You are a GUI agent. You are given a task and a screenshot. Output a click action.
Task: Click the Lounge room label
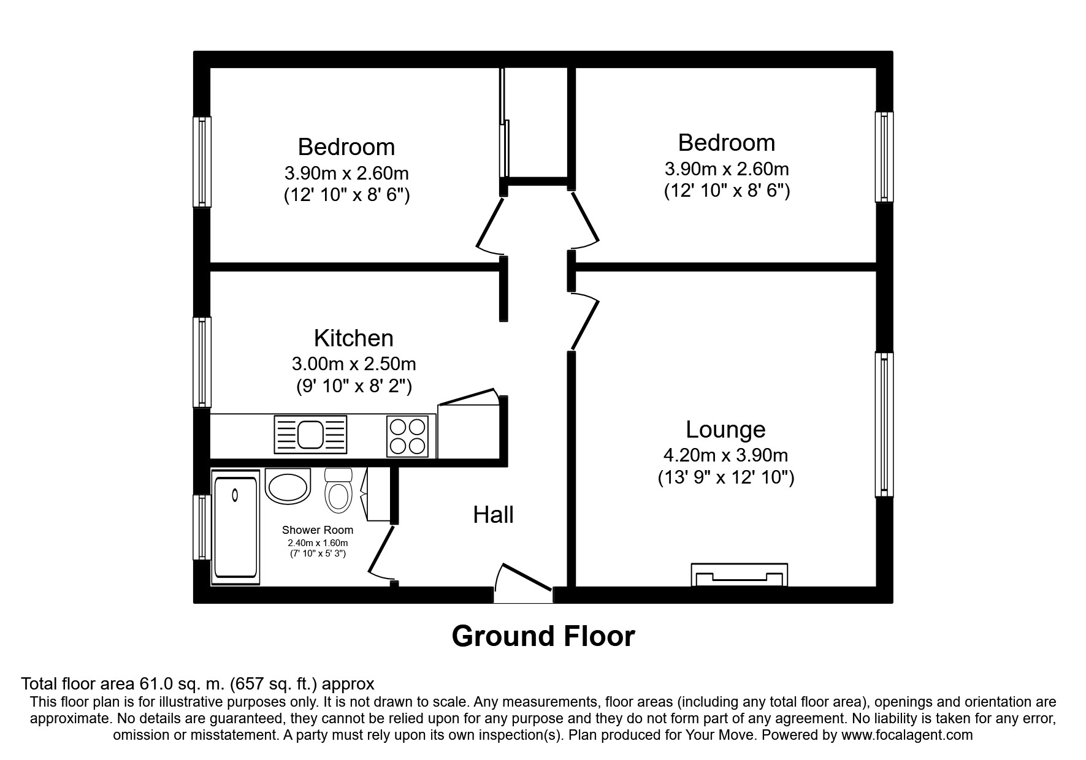point(725,430)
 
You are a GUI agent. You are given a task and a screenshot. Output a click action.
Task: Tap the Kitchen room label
point(354,338)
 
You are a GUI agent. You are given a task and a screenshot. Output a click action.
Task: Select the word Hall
point(493,515)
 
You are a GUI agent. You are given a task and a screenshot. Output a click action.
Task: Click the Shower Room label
point(318,530)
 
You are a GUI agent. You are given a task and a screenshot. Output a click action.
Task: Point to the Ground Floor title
point(543,636)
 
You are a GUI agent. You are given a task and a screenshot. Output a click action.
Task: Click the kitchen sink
point(311,435)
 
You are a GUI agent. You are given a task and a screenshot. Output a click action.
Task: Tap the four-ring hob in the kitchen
point(407,436)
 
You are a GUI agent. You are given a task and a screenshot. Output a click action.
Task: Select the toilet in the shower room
point(338,490)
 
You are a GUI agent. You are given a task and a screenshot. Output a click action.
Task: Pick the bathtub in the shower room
point(236,527)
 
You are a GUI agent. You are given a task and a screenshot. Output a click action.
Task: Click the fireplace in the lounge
point(740,575)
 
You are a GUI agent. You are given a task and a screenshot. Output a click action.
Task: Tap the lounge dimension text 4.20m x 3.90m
point(726,455)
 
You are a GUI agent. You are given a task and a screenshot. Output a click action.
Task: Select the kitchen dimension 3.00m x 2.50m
point(354,364)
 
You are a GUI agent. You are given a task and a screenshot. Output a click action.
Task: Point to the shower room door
point(381,552)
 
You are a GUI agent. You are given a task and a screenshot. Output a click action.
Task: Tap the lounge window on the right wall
point(884,424)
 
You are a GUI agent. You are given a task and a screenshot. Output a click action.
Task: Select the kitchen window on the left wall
point(202,362)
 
